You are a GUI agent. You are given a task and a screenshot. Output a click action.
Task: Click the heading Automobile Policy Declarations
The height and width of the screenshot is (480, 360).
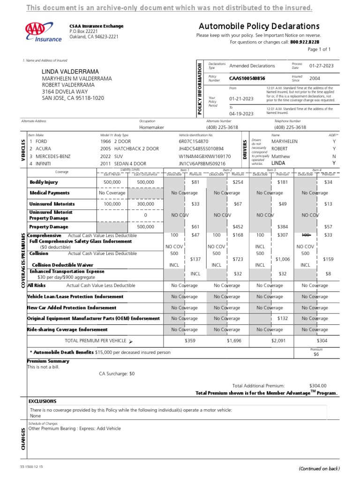(259, 26)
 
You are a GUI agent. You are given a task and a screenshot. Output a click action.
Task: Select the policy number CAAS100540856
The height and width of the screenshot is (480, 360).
(247, 78)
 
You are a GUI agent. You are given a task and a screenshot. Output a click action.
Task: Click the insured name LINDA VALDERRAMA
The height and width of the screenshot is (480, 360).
(70, 71)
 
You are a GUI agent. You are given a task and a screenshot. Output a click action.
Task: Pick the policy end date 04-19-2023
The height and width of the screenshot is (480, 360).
(241, 113)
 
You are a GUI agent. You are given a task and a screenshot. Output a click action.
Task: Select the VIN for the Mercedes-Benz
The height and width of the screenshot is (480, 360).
(205, 156)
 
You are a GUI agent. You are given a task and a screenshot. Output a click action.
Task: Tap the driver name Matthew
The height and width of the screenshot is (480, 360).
(281, 156)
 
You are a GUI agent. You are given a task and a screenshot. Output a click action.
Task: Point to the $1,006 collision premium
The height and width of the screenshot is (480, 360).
(283, 259)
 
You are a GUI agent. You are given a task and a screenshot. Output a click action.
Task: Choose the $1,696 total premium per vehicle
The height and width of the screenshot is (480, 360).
(234, 341)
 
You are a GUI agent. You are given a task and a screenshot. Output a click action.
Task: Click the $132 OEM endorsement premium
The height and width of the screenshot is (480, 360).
(282, 318)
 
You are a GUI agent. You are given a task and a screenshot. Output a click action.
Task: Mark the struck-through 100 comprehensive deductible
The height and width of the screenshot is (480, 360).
(306, 235)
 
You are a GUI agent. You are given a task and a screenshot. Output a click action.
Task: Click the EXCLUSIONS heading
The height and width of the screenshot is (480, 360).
(42, 401)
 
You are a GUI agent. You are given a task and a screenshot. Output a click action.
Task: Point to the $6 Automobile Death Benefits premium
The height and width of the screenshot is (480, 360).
(316, 355)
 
